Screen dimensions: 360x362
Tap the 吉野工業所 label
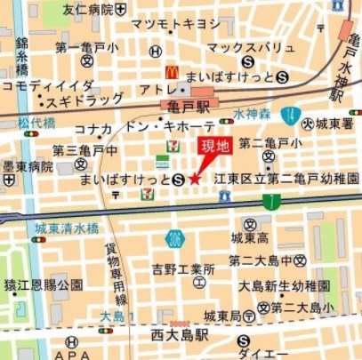[182, 268]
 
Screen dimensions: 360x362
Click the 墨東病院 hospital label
[27, 165]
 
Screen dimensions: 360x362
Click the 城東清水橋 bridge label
[67, 228]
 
